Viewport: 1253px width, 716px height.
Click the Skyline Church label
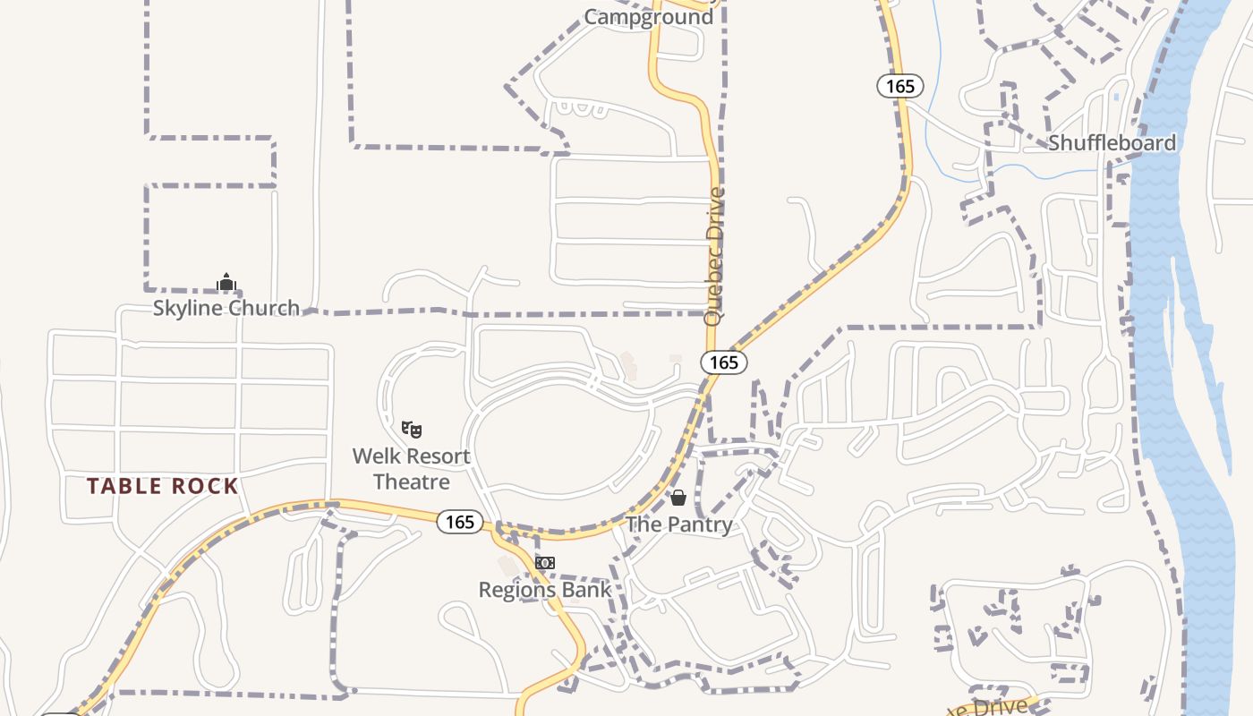coord(226,308)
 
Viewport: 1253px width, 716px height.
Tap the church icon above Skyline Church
coord(226,283)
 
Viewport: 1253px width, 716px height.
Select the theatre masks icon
coord(412,429)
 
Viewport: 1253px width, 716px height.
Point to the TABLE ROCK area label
coord(162,487)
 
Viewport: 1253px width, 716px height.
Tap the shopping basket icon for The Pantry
coord(678,498)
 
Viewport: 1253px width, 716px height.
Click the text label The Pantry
coord(679,524)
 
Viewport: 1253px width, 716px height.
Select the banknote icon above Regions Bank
coord(544,563)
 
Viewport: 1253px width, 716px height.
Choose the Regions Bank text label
coord(544,590)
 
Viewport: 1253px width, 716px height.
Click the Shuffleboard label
coord(1112,143)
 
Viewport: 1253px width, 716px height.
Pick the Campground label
coord(649,17)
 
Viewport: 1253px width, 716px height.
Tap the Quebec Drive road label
coord(713,255)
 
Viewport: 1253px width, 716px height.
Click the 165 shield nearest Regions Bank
coord(460,522)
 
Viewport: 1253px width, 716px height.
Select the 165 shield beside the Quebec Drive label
coord(723,362)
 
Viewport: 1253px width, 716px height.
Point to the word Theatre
coord(411,482)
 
